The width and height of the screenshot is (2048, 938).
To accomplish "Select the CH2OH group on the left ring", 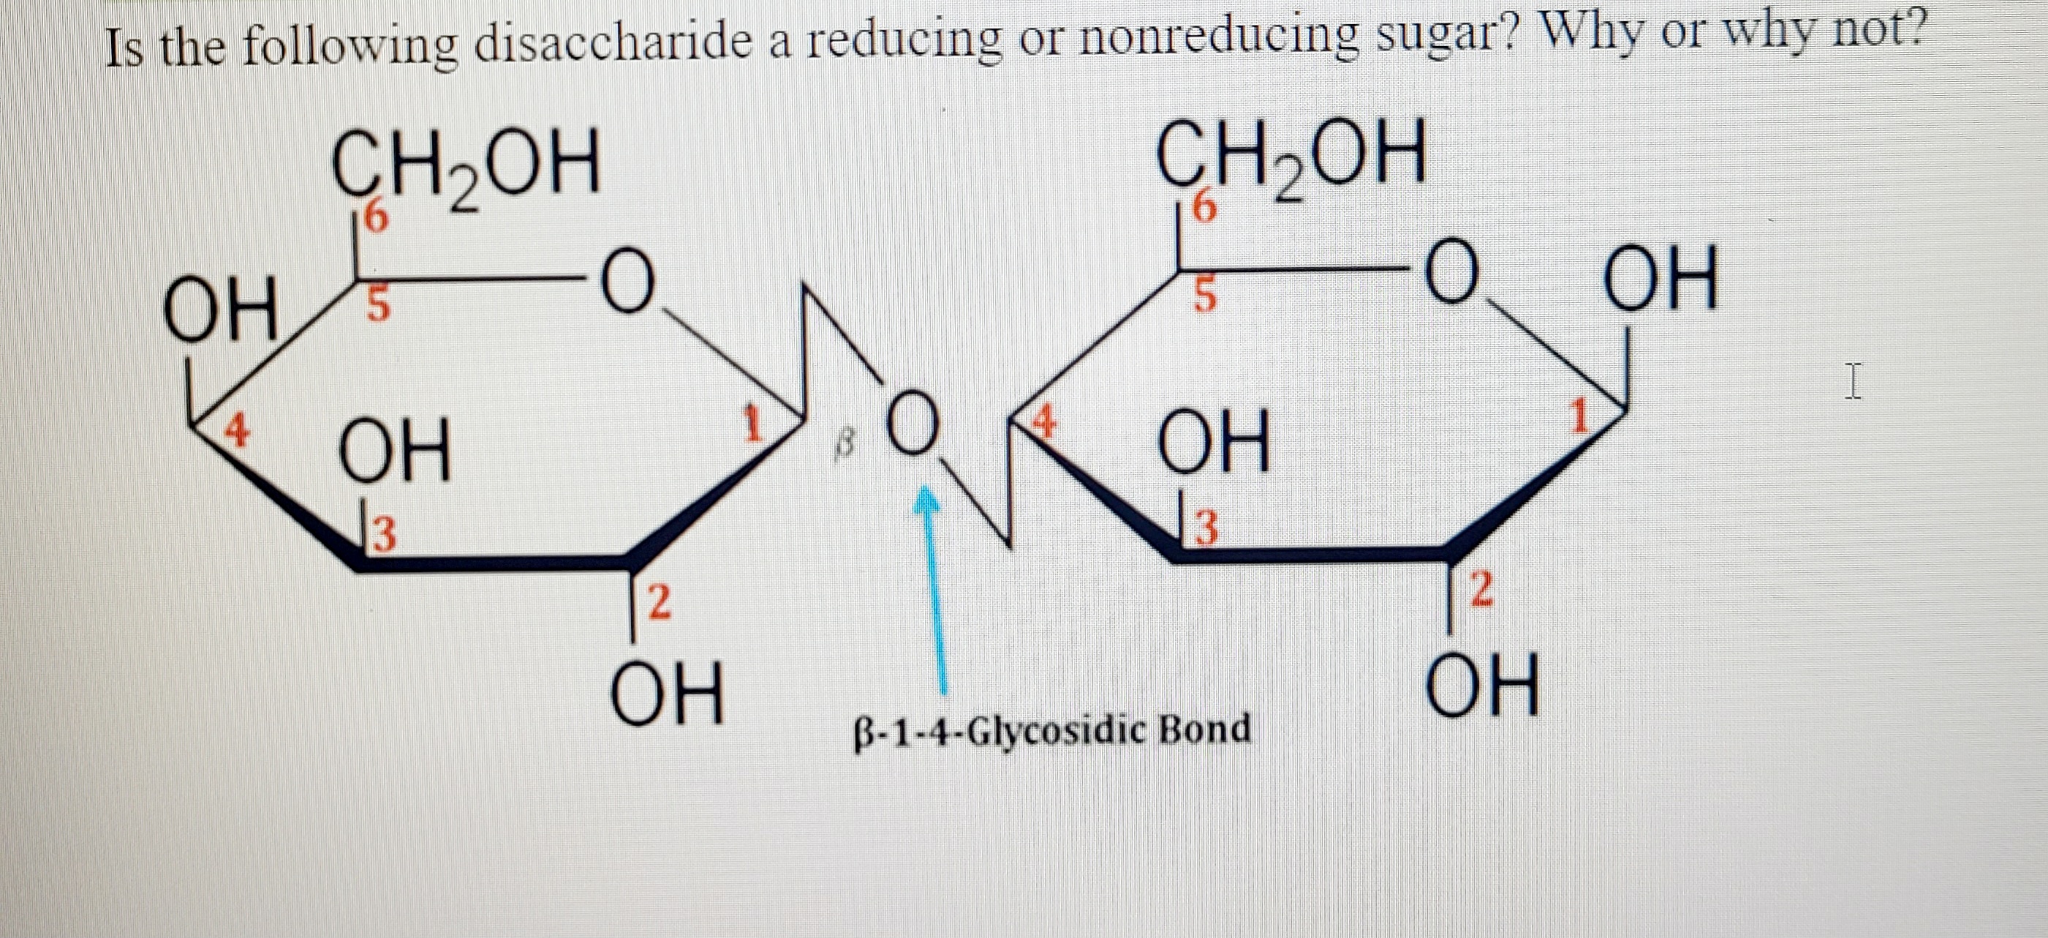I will (465, 165).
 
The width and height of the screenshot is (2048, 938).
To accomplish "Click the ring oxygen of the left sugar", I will (628, 282).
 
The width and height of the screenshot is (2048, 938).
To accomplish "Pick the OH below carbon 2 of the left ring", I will (667, 694).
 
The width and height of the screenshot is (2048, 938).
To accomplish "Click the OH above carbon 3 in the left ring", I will (395, 450).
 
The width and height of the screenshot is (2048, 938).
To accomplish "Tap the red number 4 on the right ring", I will (1043, 421).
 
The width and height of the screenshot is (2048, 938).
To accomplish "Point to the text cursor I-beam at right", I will (1854, 381).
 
